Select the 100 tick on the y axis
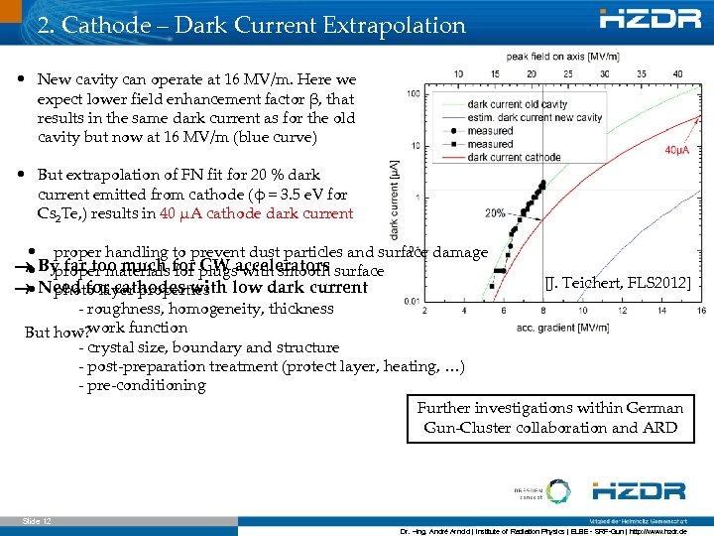tap(410, 94)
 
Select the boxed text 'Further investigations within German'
tap(549, 408)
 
